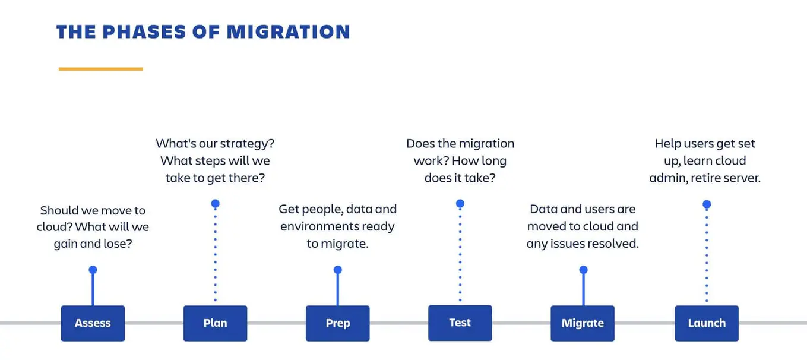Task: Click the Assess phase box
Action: click(93, 323)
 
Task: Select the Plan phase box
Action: click(215, 323)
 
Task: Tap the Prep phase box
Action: click(337, 323)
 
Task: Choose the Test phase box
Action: click(460, 323)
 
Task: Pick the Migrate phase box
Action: click(583, 323)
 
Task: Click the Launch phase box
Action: click(707, 323)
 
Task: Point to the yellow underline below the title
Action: click(100, 69)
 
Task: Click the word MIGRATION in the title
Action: click(288, 32)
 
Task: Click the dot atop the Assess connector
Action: click(93, 270)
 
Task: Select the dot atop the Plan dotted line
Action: click(215, 204)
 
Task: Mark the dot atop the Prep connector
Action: click(337, 270)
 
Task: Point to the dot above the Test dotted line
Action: click(460, 204)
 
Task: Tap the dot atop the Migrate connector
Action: click(583, 270)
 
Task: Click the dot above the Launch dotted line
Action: click(707, 204)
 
